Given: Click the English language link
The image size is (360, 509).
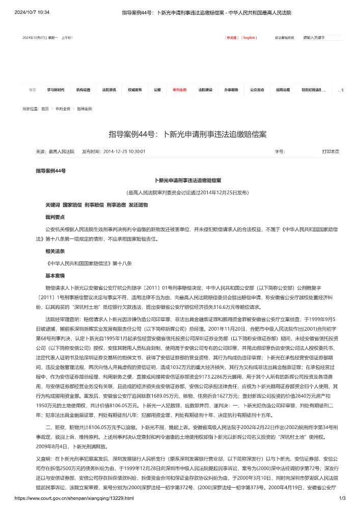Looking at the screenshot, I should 249,38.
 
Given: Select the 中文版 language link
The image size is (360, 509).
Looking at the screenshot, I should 232,38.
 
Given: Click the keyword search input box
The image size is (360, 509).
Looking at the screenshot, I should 322,38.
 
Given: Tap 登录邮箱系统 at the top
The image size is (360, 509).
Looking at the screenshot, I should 284,38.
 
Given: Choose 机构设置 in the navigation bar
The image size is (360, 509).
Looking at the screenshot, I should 83,90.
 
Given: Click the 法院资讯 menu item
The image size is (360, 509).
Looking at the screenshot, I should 109,90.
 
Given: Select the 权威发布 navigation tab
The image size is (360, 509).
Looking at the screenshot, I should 135,90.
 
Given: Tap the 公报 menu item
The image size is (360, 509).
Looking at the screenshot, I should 157,90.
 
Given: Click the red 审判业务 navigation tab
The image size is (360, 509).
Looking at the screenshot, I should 180,90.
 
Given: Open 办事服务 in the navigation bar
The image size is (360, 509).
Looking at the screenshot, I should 231,90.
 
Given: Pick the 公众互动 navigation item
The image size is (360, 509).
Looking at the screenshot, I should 257,90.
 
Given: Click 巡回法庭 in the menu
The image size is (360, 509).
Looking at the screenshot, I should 283,90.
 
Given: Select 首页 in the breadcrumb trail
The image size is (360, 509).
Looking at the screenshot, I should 45,109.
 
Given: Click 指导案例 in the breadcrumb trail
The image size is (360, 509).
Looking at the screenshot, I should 85,109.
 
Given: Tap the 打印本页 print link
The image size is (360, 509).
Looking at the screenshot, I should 330,151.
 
